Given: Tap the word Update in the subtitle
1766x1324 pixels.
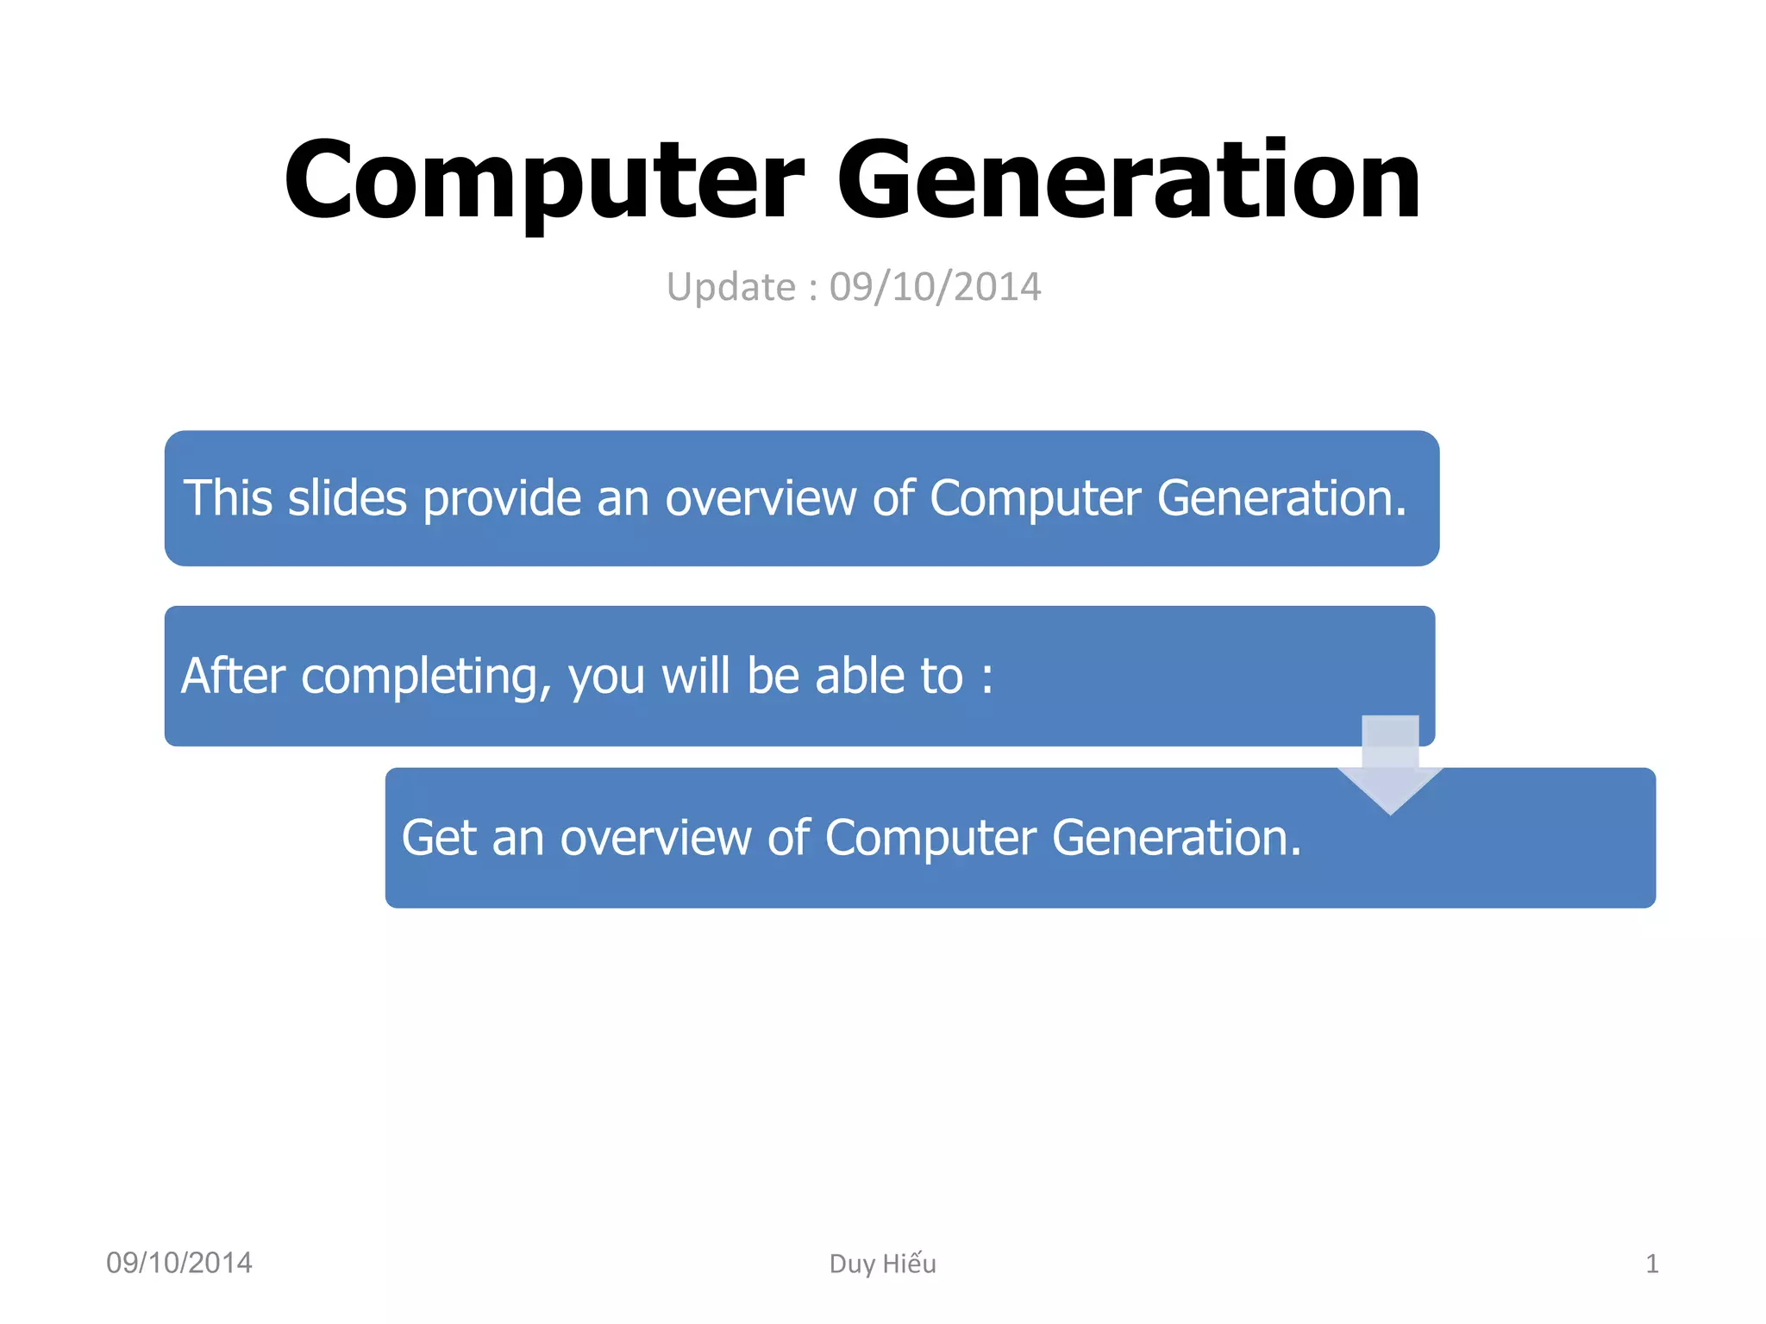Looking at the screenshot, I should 730,287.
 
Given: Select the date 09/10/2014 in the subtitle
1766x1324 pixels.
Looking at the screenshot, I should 935,287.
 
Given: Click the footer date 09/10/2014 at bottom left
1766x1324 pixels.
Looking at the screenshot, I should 178,1263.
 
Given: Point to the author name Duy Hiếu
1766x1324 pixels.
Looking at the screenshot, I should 882,1264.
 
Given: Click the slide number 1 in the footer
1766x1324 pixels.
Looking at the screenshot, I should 1651,1264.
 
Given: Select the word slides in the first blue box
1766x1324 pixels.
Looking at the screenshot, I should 347,498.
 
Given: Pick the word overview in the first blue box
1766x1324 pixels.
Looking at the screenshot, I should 760,498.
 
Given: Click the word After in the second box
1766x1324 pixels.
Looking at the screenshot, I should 233,675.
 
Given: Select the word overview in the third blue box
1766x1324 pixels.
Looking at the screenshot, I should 655,837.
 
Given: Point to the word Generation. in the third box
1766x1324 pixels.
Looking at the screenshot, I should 1176,837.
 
